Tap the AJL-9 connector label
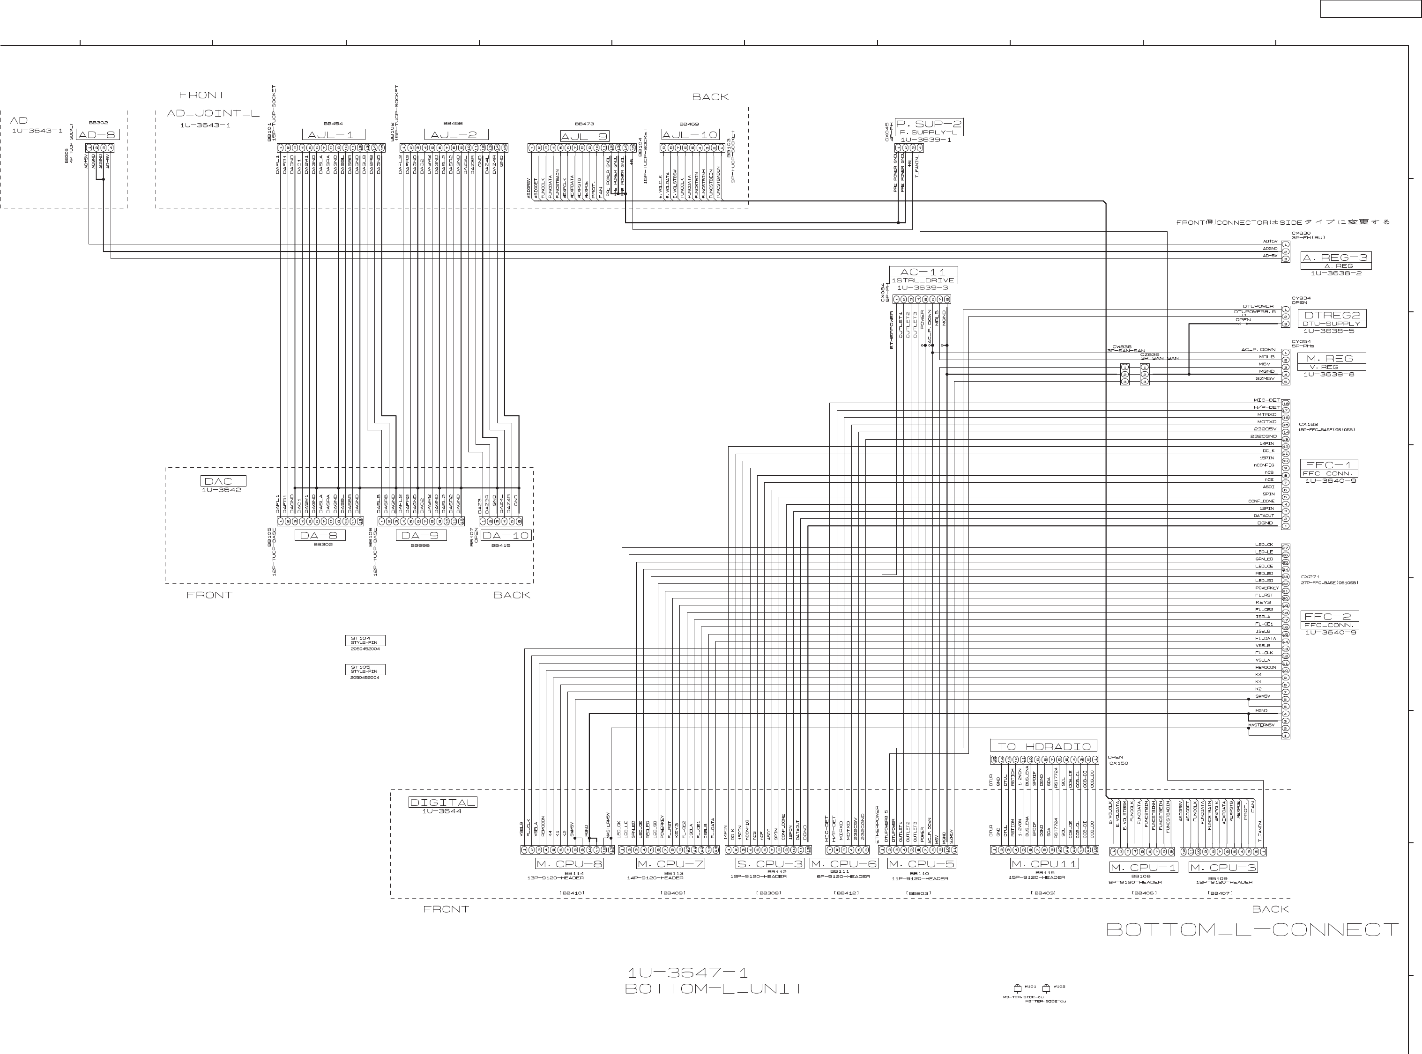(x=584, y=136)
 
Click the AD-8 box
(x=97, y=135)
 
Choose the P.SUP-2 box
(x=929, y=124)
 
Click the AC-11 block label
(x=923, y=272)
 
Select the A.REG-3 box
(x=1335, y=258)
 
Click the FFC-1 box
(x=1329, y=465)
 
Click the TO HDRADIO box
(x=1043, y=746)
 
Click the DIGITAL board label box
(x=442, y=803)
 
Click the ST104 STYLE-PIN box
(x=365, y=641)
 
